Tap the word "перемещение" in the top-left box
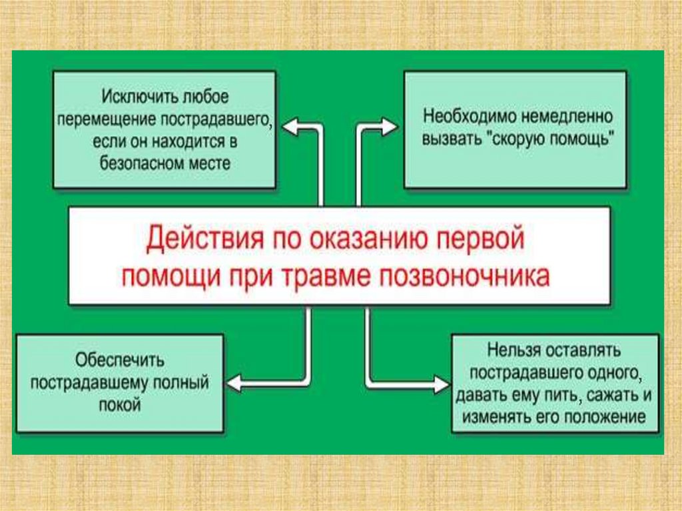[99, 120]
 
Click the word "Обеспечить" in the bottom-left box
[119, 360]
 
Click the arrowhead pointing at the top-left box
[291, 125]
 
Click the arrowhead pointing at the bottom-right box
[440, 384]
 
